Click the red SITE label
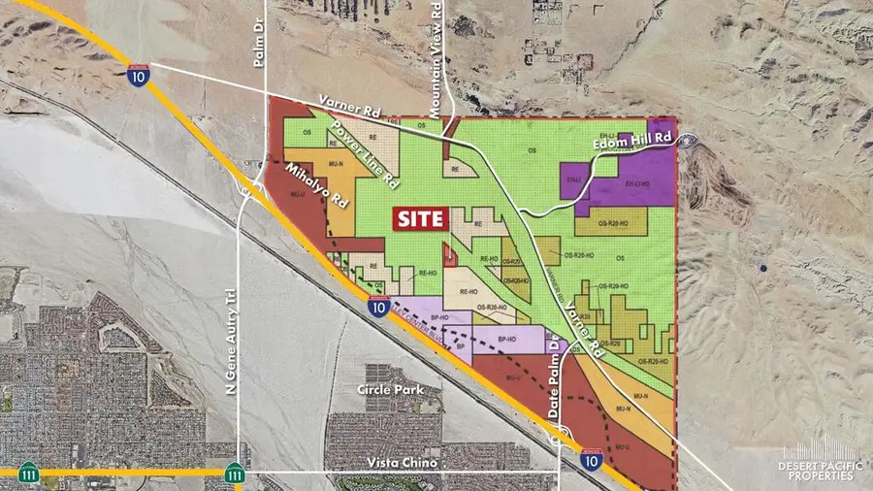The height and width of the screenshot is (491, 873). click(419, 218)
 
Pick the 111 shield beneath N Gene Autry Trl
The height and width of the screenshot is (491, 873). click(234, 474)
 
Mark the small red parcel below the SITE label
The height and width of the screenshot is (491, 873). click(450, 256)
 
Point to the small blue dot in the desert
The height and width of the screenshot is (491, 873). click(763, 268)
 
